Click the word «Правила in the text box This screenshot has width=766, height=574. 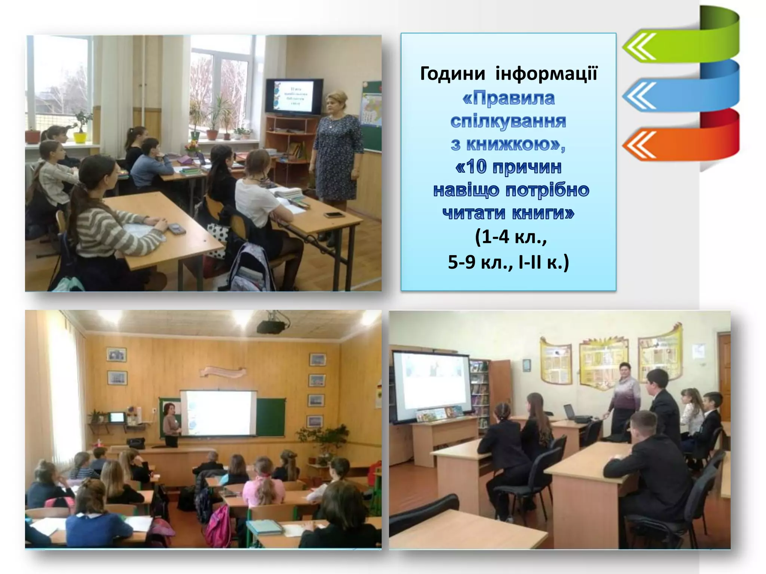click(x=508, y=98)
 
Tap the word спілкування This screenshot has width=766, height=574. click(x=508, y=121)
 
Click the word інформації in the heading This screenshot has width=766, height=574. click(x=546, y=73)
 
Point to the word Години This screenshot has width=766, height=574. click(x=453, y=73)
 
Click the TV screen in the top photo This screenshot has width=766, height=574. click(x=294, y=96)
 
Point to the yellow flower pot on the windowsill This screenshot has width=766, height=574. click(x=80, y=137)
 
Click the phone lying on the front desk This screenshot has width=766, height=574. click(x=334, y=215)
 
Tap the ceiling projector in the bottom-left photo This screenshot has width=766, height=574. click(x=271, y=326)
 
